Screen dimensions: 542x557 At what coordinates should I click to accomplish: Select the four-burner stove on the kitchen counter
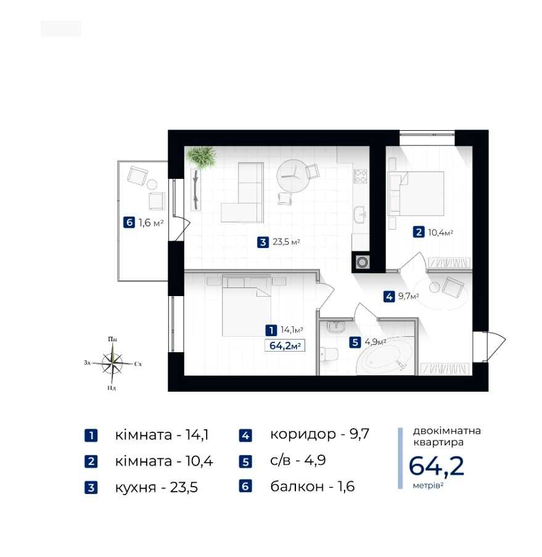(360, 176)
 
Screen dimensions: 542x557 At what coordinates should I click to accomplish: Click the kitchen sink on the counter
(359, 214)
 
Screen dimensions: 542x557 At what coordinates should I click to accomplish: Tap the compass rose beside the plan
(112, 363)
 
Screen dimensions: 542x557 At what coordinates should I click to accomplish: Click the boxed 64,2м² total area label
(285, 345)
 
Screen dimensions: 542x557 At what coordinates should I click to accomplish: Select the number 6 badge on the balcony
(129, 223)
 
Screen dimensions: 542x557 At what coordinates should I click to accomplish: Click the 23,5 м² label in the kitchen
(286, 242)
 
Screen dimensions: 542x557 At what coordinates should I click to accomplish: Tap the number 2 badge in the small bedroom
(419, 233)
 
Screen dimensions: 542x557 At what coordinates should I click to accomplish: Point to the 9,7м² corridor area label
(408, 296)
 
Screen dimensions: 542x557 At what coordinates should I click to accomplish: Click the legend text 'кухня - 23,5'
(156, 487)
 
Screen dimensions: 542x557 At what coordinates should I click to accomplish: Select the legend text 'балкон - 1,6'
(313, 486)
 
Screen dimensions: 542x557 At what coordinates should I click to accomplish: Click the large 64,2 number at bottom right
(437, 466)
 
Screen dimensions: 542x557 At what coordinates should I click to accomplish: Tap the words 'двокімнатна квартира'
(447, 437)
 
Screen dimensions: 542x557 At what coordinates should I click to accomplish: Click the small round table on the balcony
(152, 184)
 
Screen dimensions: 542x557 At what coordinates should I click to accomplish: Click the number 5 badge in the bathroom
(355, 342)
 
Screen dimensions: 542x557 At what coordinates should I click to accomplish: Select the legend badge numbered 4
(245, 435)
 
